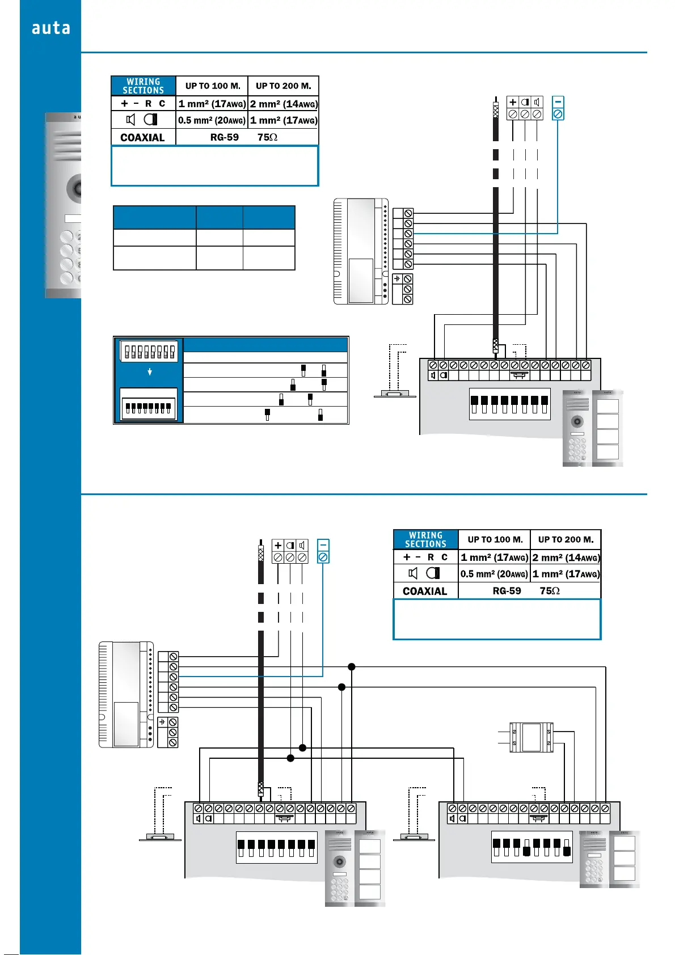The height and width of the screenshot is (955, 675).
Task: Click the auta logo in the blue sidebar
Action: [50, 28]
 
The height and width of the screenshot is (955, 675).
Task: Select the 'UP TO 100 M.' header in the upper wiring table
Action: [213, 86]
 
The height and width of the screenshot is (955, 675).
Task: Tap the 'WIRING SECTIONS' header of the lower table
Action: [425, 539]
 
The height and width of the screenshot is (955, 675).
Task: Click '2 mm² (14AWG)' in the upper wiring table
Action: [284, 104]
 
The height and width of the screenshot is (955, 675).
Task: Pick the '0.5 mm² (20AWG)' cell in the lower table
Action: [494, 574]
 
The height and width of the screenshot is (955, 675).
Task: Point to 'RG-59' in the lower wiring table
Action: [507, 591]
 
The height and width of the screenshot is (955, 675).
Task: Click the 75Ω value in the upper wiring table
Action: [267, 137]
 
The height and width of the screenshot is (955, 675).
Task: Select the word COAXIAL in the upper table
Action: [142, 137]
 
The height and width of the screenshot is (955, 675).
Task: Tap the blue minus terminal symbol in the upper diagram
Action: [558, 102]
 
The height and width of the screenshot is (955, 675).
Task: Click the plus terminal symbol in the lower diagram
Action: [278, 545]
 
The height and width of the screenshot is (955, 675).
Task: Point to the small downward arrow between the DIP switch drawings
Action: [150, 372]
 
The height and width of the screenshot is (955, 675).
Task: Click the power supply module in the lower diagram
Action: [531, 737]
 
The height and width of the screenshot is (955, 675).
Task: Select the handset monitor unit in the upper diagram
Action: [361, 251]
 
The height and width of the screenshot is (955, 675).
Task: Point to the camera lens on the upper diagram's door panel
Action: [577, 421]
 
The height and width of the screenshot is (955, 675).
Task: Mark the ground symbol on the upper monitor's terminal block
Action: [397, 279]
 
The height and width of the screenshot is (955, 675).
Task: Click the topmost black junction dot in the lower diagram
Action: [352, 667]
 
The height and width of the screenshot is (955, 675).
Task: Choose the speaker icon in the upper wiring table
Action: [130, 120]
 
